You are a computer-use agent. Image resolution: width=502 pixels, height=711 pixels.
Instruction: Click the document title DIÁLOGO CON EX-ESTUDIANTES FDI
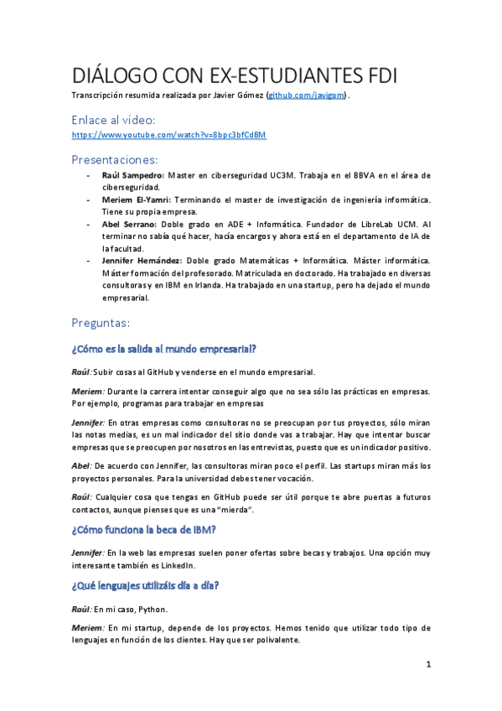click(x=234, y=75)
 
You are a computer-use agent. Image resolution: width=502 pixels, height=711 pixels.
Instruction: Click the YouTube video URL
click(x=168, y=134)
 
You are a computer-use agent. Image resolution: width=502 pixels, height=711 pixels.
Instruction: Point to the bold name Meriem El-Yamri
click(x=139, y=200)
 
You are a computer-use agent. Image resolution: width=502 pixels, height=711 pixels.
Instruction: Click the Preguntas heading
click(x=100, y=322)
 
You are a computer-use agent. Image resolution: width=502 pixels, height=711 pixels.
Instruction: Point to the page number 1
click(x=428, y=665)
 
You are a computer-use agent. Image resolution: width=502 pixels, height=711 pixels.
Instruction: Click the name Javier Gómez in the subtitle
click(x=236, y=96)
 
